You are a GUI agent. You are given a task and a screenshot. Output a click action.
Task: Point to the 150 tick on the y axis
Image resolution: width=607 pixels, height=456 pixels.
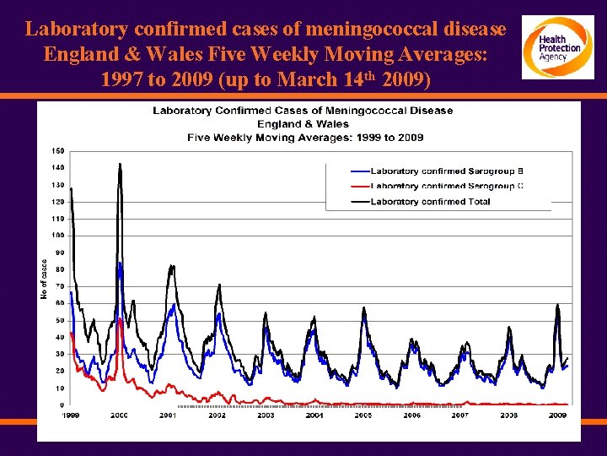(x=58, y=150)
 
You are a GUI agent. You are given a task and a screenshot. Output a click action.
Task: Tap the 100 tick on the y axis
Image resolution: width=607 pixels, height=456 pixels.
(x=58, y=236)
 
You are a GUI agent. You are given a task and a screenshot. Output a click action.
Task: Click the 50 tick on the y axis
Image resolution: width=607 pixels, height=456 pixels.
(x=60, y=320)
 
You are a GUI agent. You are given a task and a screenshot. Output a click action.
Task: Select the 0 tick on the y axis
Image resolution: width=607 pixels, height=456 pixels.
(x=62, y=405)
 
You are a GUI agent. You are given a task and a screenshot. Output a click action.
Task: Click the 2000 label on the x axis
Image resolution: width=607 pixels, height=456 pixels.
(x=120, y=415)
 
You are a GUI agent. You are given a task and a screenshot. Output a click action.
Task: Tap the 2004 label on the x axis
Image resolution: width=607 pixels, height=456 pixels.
(x=314, y=415)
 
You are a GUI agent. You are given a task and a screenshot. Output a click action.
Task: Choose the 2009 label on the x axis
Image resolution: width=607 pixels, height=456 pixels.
(x=557, y=415)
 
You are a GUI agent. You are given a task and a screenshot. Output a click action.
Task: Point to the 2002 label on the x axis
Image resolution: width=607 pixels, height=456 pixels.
(x=217, y=415)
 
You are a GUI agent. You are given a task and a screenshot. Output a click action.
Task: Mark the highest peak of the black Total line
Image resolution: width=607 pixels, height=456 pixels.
(x=120, y=164)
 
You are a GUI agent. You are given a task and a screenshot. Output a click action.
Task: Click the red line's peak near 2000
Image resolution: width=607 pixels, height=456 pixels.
(x=121, y=318)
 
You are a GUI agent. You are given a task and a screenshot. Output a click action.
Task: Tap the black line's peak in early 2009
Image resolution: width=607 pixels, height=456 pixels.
(x=557, y=305)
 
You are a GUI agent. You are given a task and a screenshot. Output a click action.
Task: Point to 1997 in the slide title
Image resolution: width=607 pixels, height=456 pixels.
(x=124, y=82)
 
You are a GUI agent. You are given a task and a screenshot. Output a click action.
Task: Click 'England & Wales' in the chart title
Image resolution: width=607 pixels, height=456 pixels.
(x=303, y=124)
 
